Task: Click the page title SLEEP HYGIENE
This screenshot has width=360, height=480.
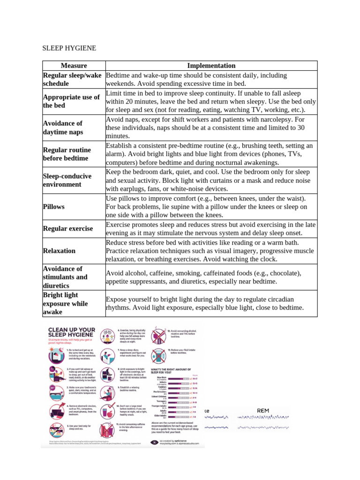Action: [69, 48]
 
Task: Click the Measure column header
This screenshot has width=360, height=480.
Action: [74, 66]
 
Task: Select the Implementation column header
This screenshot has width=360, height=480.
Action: [211, 66]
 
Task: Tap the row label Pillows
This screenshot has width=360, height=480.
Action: [53, 206]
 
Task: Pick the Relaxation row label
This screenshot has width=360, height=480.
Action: [59, 251]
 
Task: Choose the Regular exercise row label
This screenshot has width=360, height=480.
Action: [67, 229]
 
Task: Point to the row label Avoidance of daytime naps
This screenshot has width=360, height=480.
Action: [63, 127]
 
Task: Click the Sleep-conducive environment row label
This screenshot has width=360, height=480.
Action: [67, 180]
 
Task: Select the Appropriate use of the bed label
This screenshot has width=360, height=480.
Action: [71, 101]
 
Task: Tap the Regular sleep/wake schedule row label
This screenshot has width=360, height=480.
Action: [72, 79]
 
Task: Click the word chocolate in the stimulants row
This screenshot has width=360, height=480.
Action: [269, 273]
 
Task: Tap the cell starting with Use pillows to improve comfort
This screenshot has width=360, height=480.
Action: [211, 206]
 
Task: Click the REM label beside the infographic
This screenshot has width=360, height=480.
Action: [263, 411]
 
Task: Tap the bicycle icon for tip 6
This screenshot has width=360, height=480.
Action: [107, 334]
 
